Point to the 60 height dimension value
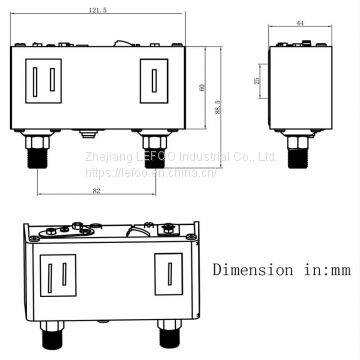[x=203, y=88]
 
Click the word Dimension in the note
[x=247, y=269]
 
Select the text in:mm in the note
[x=318, y=269]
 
